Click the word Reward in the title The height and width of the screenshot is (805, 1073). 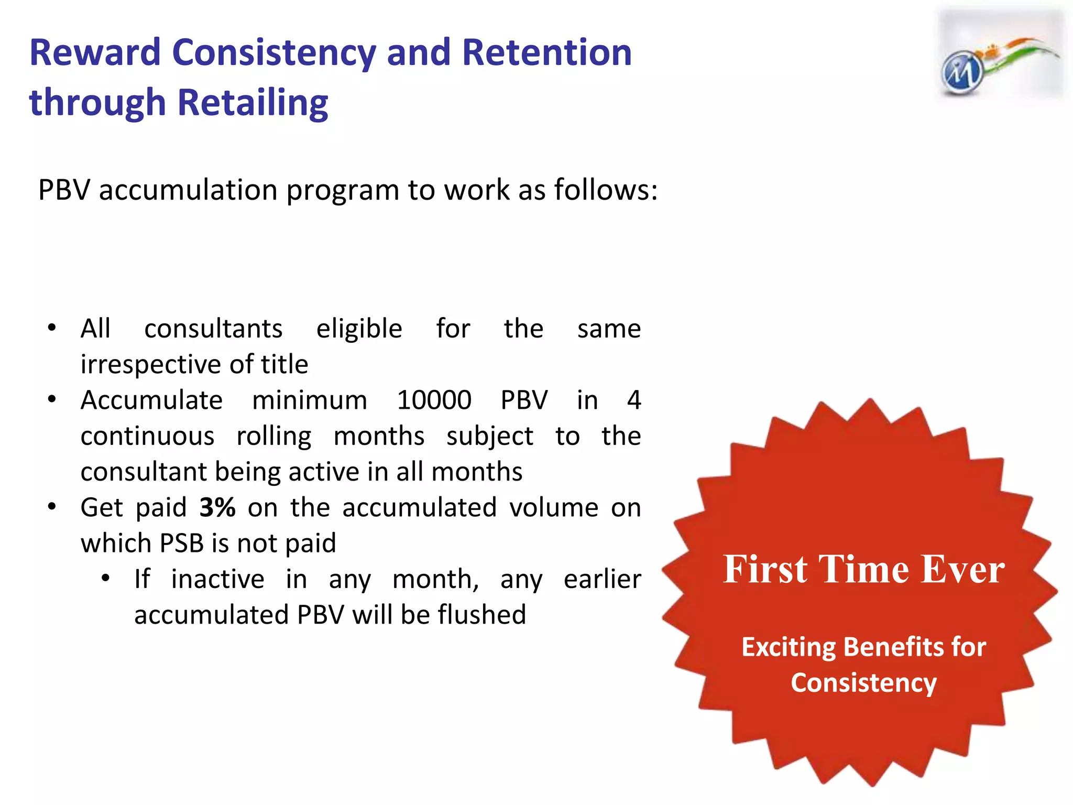(x=95, y=53)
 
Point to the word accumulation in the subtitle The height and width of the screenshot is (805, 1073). (x=188, y=190)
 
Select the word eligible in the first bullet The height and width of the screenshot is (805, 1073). (x=359, y=329)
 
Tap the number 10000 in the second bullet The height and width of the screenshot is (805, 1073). (x=434, y=400)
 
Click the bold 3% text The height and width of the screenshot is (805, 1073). (x=217, y=507)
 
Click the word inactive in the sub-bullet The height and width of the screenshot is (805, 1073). (x=217, y=579)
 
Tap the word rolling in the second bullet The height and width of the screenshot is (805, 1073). (x=273, y=437)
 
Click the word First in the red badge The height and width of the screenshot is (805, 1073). (x=765, y=569)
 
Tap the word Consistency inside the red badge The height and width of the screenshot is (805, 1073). (x=863, y=683)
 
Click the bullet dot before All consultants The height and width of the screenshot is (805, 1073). (x=51, y=329)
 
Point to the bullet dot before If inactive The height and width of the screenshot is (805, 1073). (x=105, y=579)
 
